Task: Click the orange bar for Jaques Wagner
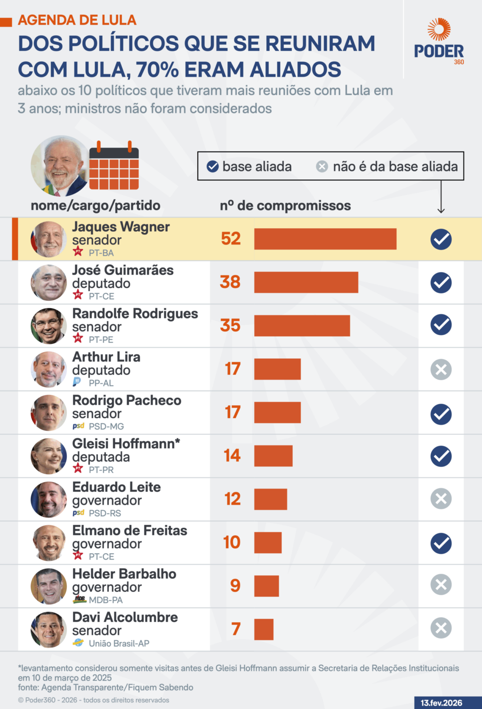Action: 325,239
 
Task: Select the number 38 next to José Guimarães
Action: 230,282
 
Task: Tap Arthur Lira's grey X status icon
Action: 441,370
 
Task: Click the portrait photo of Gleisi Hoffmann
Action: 49,456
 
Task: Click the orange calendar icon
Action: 114,166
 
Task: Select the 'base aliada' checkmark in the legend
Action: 213,166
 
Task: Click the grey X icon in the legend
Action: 322,166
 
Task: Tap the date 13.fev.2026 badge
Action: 442,702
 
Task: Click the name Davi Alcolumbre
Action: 125,617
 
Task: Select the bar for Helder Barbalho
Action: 266,586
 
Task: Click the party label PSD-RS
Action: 104,513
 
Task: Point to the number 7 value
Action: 236,629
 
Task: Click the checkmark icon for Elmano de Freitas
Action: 441,543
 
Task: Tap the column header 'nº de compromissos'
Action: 285,206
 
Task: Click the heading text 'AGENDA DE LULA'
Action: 77,20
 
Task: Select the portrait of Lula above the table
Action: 60,166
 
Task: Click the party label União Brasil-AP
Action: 119,644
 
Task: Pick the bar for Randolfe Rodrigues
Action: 302,326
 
